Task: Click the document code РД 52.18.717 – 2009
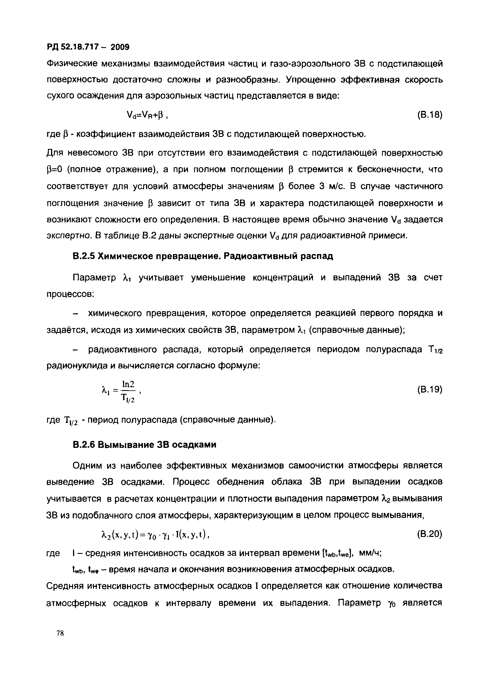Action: (x=88, y=47)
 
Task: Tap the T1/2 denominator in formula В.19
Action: (x=128, y=398)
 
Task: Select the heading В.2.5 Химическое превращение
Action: (x=203, y=256)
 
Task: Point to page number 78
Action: (x=60, y=633)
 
